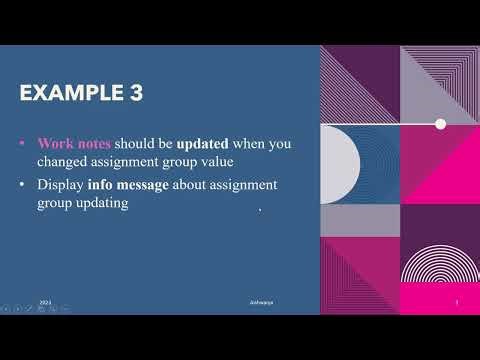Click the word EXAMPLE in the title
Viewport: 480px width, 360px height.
71,93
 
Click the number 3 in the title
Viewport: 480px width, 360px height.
133,93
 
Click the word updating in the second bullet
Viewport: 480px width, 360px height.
98,203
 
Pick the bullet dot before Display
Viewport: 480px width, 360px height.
24,186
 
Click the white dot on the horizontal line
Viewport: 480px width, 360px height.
440,124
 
